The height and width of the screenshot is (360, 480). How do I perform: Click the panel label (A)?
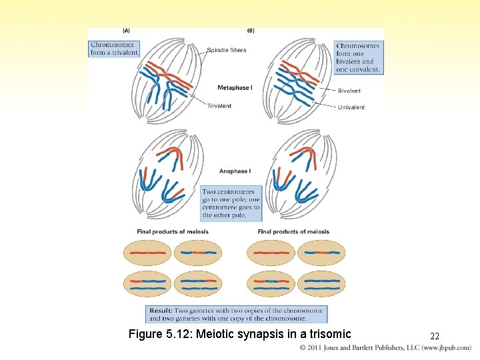point(126,30)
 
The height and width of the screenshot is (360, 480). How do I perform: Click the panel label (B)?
point(251,30)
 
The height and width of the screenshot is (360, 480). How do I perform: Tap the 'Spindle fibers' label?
point(227,50)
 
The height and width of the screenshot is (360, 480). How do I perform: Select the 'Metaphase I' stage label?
point(234,88)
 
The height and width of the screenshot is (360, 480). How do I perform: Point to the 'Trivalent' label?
point(219,106)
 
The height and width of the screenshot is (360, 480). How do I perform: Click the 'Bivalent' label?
point(349,91)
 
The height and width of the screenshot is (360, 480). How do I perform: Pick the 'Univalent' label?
point(351,107)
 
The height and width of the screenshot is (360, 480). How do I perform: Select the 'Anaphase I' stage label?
point(235,171)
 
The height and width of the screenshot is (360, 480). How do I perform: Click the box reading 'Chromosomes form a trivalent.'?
point(115,49)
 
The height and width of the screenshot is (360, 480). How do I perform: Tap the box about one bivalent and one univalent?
point(358,57)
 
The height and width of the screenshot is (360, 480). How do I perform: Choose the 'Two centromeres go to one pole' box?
point(231,203)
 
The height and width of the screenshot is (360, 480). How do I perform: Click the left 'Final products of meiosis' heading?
point(173,232)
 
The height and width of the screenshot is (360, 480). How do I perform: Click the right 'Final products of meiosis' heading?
point(293,232)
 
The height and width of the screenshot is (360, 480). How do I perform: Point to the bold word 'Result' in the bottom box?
point(161,311)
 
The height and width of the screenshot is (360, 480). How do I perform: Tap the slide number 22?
point(435,336)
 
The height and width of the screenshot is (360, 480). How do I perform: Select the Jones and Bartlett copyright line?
point(385,348)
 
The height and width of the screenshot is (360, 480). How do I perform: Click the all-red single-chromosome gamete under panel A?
point(147,253)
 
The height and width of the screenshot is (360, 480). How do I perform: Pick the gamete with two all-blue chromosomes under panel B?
point(321,285)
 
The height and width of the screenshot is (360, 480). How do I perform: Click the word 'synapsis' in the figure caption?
point(273,334)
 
